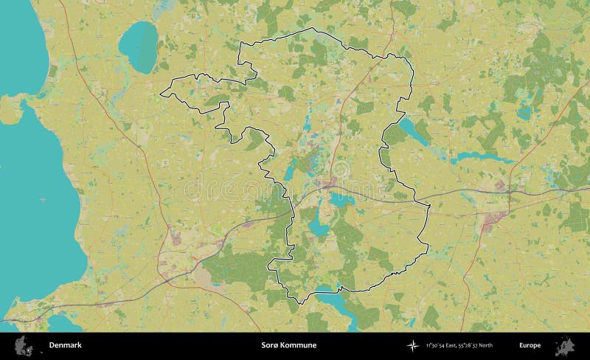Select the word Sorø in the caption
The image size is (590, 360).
pyautogui.click(x=269, y=345)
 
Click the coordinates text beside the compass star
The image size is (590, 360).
pyautogui.click(x=459, y=345)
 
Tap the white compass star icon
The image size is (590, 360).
pyautogui.click(x=412, y=345)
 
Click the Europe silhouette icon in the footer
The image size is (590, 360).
pyautogui.click(x=566, y=345)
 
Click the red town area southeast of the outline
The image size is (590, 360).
pyautogui.click(x=494, y=219)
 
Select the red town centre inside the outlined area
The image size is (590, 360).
pyautogui.click(x=326, y=182)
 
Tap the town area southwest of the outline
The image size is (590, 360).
pyautogui.click(x=177, y=238)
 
